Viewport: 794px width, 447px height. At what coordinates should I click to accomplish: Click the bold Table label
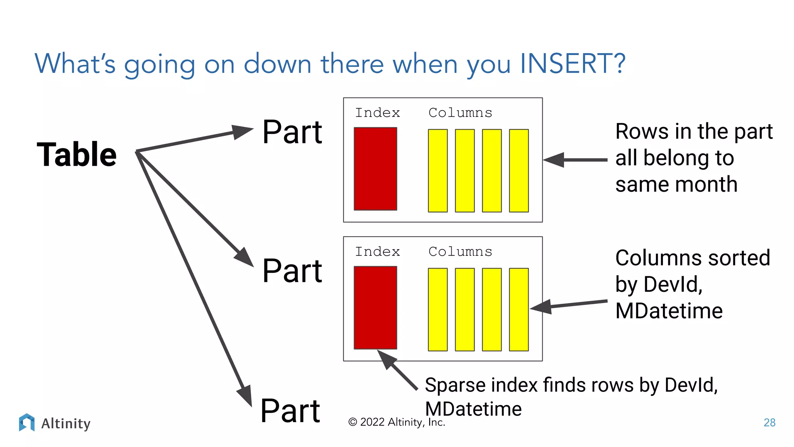(x=77, y=155)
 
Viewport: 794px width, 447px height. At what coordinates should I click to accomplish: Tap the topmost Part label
(x=292, y=132)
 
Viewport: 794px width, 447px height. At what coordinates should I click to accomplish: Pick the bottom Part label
(x=290, y=411)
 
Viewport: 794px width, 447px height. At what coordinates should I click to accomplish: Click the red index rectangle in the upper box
(x=375, y=169)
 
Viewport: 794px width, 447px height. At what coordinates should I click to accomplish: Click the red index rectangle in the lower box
(x=375, y=308)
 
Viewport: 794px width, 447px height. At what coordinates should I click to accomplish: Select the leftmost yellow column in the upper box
(x=438, y=171)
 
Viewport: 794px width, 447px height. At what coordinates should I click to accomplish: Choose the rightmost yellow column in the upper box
(x=519, y=171)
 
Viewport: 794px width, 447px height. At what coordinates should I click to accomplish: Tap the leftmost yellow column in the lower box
(x=438, y=310)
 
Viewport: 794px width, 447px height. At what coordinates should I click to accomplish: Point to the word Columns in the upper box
(x=460, y=113)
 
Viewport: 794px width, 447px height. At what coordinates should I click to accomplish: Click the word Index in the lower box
(x=377, y=252)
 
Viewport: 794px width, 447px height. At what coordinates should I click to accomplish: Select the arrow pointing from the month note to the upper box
(x=575, y=160)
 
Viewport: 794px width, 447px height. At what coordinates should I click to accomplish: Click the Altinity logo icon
(x=27, y=423)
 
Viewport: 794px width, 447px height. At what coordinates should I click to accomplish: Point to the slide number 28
(x=769, y=423)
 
